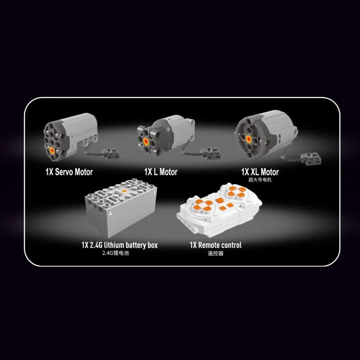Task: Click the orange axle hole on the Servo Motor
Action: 52,151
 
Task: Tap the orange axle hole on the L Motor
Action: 146,141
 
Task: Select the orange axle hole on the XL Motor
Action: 248,139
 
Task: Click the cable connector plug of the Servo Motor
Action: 111,154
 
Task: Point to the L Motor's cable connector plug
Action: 210,153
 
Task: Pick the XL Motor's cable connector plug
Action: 311,159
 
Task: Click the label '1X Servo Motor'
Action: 69,172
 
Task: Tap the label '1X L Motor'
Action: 161,172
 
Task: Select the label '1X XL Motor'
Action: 260,172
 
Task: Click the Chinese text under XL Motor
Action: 260,180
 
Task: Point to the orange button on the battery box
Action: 124,191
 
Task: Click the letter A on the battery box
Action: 110,214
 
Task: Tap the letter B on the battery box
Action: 155,192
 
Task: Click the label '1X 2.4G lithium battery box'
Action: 120,245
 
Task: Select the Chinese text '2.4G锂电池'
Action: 116,253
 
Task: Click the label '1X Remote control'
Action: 216,245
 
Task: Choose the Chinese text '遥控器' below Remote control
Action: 216,253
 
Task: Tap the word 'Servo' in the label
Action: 64,172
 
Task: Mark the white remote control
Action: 219,210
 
